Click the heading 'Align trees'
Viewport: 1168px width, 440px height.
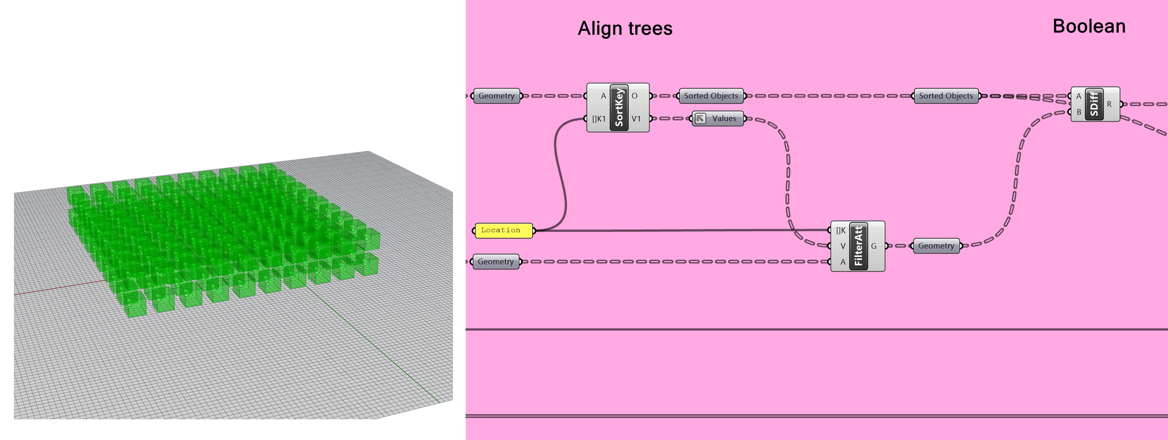[x=625, y=29]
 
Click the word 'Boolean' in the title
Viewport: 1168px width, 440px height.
[x=1089, y=26]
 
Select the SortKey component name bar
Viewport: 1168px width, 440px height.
[x=619, y=107]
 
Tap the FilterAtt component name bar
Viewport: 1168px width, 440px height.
[x=858, y=246]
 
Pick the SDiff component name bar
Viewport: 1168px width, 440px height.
[x=1094, y=104]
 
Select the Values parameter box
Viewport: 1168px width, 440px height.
[x=718, y=119]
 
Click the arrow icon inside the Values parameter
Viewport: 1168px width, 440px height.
[x=700, y=119]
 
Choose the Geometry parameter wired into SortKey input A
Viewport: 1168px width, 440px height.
[x=497, y=96]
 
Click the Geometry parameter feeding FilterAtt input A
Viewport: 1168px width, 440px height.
[x=496, y=262]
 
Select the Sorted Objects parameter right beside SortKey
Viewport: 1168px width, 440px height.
[x=711, y=96]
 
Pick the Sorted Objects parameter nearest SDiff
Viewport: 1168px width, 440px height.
[x=946, y=96]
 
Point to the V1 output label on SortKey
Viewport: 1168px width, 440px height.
[x=636, y=119]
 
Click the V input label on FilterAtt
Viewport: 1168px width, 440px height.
[x=842, y=246]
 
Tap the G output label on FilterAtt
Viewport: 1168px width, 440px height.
[x=873, y=246]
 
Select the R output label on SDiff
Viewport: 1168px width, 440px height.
[x=1109, y=104]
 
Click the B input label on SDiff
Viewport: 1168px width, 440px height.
[x=1079, y=112]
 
